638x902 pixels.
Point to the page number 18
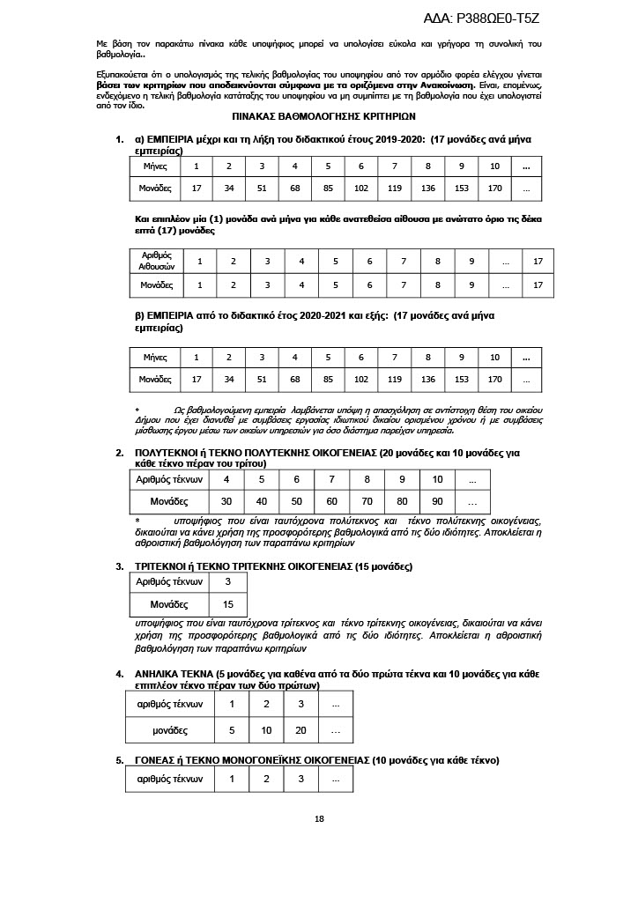point(319,819)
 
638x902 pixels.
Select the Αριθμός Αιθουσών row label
point(157,261)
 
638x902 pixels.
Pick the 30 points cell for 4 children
point(226,500)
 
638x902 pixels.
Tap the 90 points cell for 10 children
point(437,500)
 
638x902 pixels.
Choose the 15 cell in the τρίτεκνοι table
point(228,605)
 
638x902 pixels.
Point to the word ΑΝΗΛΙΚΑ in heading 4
point(159,674)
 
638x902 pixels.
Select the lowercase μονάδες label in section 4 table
point(170,730)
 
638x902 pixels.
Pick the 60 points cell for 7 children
point(331,500)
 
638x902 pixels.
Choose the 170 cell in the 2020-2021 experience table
point(494,379)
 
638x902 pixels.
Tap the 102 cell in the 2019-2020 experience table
point(360,188)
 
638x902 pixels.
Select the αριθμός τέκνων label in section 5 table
point(170,780)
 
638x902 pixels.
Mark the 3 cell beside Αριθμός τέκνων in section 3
point(228,582)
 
